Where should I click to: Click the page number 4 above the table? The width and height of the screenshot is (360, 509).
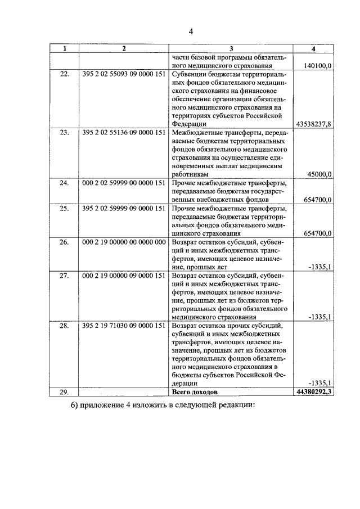tap(191, 31)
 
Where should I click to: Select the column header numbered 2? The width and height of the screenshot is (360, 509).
tap(124, 48)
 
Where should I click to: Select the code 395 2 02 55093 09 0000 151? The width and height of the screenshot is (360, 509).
tap(123, 74)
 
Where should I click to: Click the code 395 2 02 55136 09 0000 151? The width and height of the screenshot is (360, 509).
tap(123, 133)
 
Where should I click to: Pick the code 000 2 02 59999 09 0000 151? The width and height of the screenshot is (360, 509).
tap(123, 183)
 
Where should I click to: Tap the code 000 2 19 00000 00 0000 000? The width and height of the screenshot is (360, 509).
tap(123, 241)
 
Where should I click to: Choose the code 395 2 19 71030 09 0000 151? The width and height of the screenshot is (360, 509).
tap(123, 326)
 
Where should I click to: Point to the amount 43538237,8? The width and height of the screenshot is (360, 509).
tap(314, 124)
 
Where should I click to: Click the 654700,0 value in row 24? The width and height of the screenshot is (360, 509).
tap(317, 200)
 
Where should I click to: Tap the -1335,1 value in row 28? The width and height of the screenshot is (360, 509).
tap(320, 383)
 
